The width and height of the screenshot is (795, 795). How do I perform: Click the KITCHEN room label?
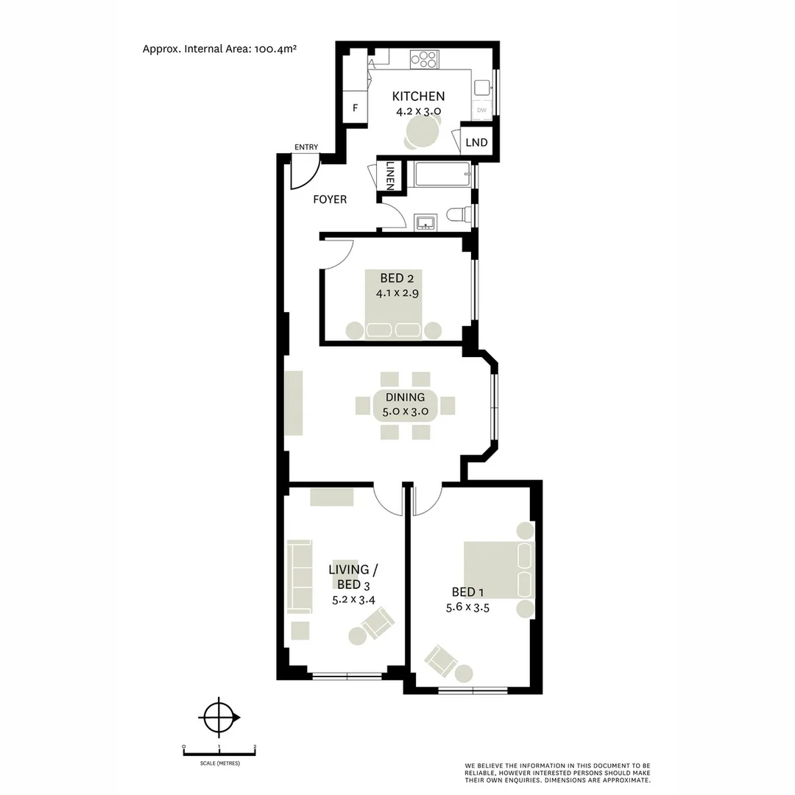(418, 96)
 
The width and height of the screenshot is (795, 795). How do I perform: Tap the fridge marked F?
(355, 107)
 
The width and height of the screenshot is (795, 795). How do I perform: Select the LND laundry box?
(477, 142)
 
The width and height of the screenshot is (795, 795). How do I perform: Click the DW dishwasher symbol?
(482, 110)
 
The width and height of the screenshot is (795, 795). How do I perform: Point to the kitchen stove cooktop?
(424, 58)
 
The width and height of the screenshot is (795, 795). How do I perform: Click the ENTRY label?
(306, 147)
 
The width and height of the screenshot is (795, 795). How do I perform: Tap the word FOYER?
(330, 199)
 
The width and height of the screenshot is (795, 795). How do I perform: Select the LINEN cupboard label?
(389, 177)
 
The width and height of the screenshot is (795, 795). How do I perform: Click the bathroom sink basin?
(425, 222)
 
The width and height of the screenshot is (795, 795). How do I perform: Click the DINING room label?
(400, 397)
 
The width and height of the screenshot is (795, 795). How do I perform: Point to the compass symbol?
(219, 715)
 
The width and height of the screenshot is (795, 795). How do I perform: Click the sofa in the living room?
(298, 577)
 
